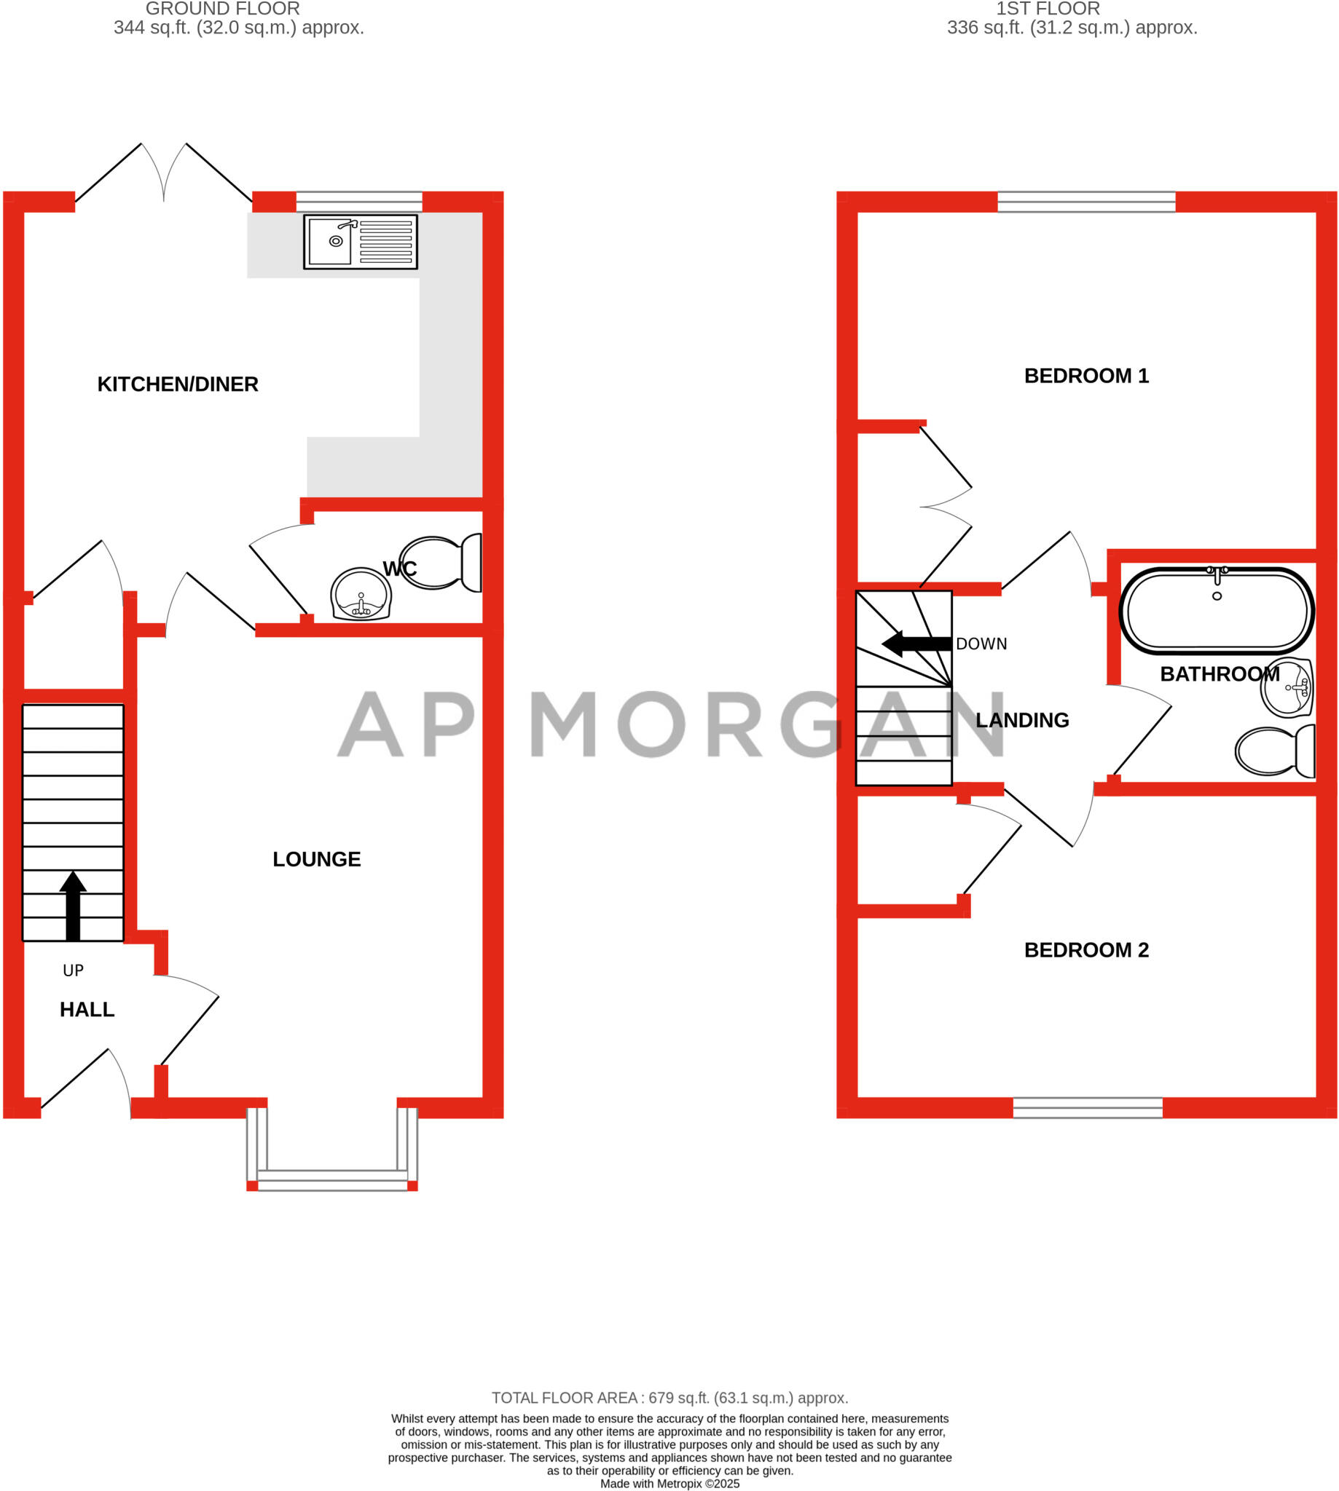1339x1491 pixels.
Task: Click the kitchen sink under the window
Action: pyautogui.click(x=360, y=242)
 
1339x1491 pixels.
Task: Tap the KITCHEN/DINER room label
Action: pyautogui.click(x=177, y=384)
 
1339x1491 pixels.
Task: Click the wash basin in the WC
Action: pyautogui.click(x=361, y=594)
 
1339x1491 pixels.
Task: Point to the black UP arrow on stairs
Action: pyautogui.click(x=73, y=905)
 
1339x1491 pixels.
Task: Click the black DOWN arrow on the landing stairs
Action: pyautogui.click(x=915, y=644)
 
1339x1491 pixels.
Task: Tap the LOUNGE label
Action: pyautogui.click(x=316, y=859)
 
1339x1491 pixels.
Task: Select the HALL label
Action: pyautogui.click(x=87, y=1010)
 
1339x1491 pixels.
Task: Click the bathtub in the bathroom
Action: pyautogui.click(x=1216, y=610)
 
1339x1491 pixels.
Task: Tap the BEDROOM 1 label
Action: pyautogui.click(x=1086, y=376)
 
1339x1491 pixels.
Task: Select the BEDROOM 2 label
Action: pyautogui.click(x=1086, y=950)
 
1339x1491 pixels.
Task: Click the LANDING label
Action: pyautogui.click(x=1022, y=721)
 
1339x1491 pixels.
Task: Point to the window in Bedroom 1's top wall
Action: pyautogui.click(x=1086, y=202)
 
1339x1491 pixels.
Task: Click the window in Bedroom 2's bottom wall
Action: pyautogui.click(x=1088, y=1108)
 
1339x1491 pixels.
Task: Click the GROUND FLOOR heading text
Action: pyautogui.click(x=222, y=9)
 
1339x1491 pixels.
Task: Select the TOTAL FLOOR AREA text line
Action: pyautogui.click(x=669, y=1398)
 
